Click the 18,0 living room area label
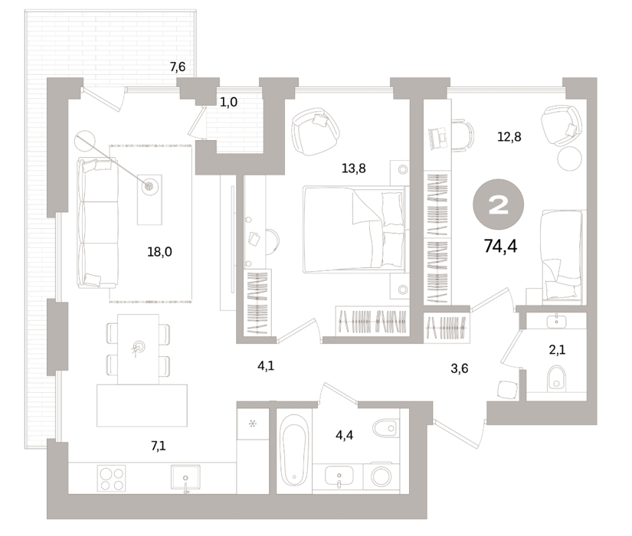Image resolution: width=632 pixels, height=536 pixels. (159, 252)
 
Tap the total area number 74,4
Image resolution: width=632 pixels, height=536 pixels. (500, 246)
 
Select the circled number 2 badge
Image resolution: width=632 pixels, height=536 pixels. (498, 204)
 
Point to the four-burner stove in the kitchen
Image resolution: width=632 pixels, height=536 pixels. (111, 479)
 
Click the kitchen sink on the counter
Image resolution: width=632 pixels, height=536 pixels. (185, 478)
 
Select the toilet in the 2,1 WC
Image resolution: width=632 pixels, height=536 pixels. (557, 378)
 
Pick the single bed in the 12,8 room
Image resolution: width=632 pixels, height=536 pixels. (562, 256)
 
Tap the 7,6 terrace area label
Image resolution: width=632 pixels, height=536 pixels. (178, 67)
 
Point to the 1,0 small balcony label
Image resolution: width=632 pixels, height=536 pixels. (228, 103)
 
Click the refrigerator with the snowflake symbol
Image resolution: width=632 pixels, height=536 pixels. (253, 423)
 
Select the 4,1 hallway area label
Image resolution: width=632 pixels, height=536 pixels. (266, 366)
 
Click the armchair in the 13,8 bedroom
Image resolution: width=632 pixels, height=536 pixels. (316, 132)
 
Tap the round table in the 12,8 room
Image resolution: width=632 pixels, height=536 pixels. (570, 159)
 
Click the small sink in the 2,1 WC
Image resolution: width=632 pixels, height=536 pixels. (557, 321)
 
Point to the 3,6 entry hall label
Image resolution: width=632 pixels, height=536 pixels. (460, 368)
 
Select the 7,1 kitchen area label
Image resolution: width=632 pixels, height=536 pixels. (157, 446)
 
